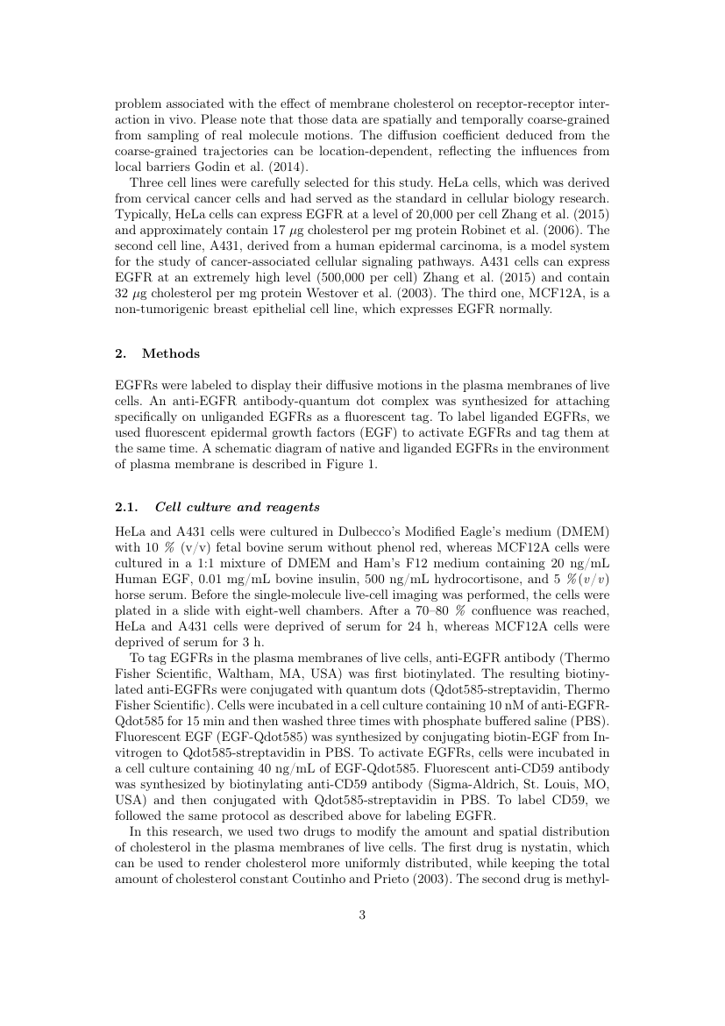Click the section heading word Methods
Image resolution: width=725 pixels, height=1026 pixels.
point(171,354)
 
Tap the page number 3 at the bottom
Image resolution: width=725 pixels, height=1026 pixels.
point(362,916)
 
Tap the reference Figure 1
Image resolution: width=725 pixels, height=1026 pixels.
point(352,465)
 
